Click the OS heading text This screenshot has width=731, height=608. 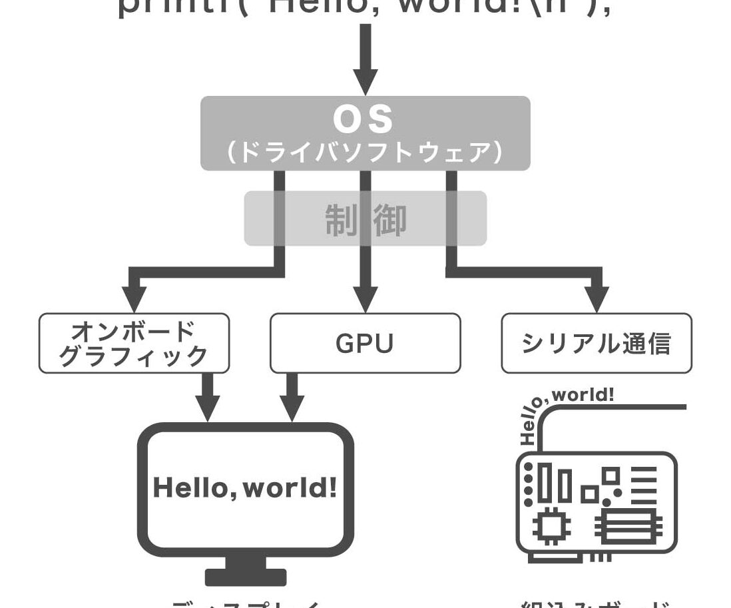(364, 120)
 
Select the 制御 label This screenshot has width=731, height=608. (365, 220)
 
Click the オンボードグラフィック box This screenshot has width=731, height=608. (134, 343)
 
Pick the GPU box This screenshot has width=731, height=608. (365, 343)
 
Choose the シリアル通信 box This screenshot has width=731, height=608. (596, 343)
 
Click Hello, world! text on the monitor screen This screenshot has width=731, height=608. (245, 488)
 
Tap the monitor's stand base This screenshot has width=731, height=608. (245, 577)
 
